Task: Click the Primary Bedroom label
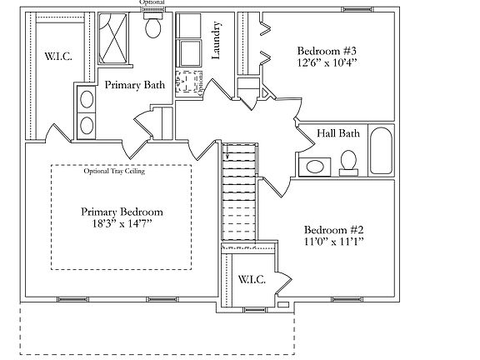point(122,211)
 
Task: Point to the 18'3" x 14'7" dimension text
point(122,225)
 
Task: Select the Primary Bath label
point(134,84)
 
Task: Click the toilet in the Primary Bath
point(153,28)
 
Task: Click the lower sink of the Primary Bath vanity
point(85,125)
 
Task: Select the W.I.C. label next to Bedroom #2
point(252,280)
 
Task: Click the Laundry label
point(215,42)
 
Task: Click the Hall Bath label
point(338,132)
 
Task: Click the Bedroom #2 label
point(334,229)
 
